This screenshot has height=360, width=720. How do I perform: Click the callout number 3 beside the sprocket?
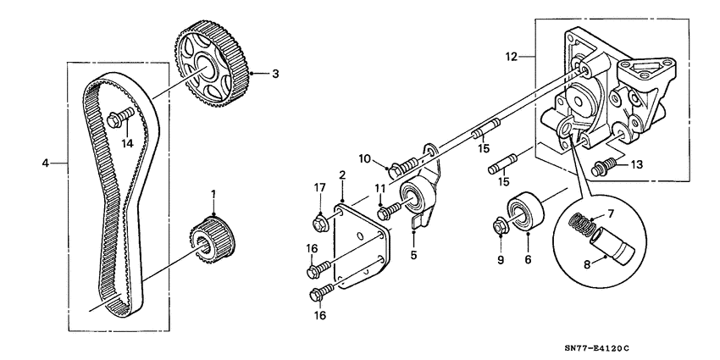point(275,74)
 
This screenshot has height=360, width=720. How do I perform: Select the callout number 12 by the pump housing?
point(510,58)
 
